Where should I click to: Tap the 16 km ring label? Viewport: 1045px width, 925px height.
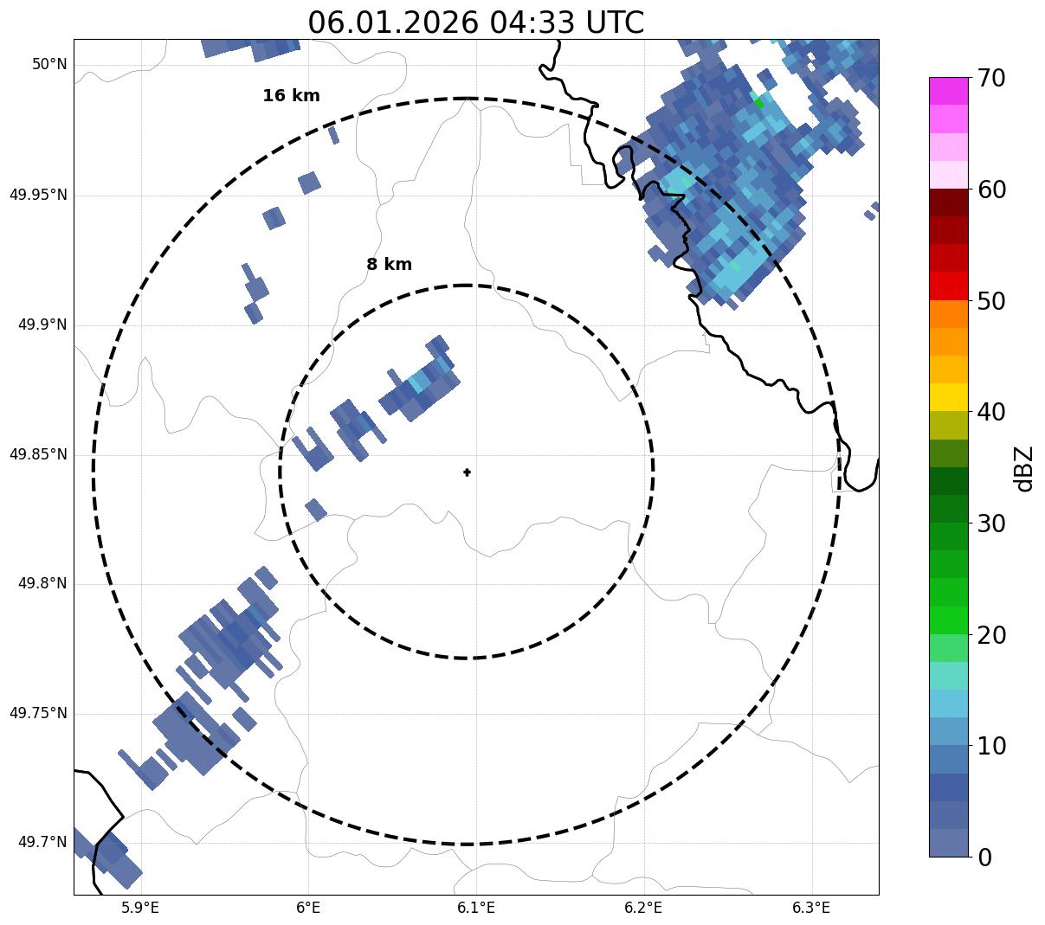coord(291,96)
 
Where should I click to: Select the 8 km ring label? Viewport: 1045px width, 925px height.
coord(389,265)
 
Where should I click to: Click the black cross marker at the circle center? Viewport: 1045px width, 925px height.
coord(468,472)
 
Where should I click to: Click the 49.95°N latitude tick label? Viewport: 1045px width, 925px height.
coord(38,195)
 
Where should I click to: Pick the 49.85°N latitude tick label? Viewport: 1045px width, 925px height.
coord(38,454)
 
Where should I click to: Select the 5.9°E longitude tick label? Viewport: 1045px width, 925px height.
coord(140,908)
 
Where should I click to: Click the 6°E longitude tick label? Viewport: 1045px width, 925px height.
coord(308,908)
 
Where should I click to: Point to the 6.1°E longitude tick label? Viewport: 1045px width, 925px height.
coord(476,908)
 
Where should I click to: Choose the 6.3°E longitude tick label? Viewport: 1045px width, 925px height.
coord(811,908)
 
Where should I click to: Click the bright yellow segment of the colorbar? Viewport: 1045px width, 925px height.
coord(948,397)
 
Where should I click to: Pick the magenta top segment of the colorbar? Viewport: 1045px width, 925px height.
coord(948,91)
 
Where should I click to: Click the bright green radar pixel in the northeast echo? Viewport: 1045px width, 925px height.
coord(758,103)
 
